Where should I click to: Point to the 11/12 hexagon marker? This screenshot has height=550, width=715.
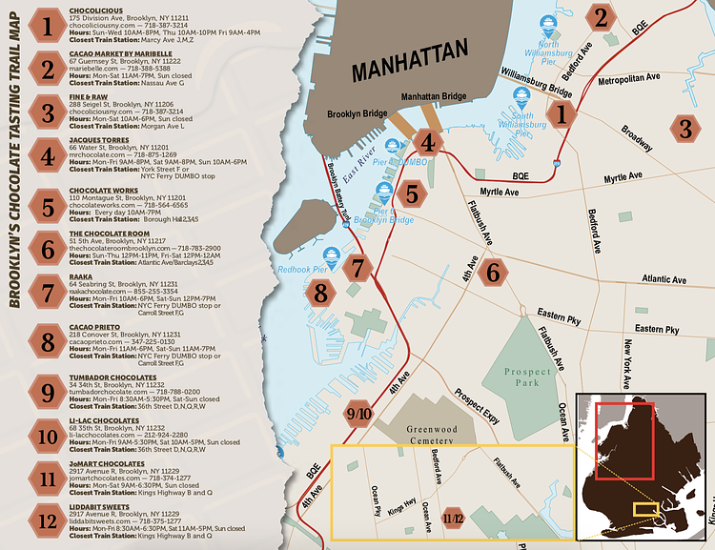[x=454, y=519]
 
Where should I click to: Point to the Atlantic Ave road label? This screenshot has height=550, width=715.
[x=664, y=280]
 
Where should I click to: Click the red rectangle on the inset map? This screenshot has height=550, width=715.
[x=624, y=439]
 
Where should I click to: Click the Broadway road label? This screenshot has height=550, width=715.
[x=636, y=139]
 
